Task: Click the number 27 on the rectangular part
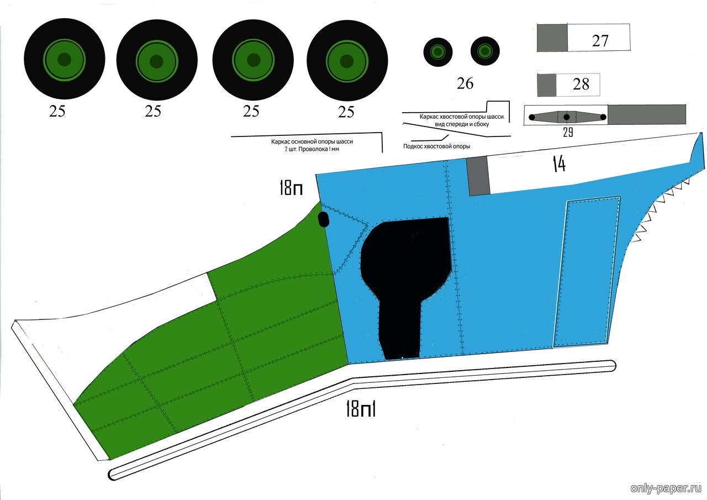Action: coord(600,41)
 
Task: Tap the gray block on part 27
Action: coord(552,38)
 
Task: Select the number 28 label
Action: coord(581,85)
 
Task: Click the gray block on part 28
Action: coord(547,85)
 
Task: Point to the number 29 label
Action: coord(568,133)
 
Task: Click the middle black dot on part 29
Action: coord(567,117)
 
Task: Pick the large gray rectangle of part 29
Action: coord(647,114)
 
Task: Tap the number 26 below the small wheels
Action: coord(465,83)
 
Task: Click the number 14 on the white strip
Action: coord(560,164)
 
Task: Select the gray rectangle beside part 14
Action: coord(478,176)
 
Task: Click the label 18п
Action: coord(291,188)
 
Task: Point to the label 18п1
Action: coord(361,409)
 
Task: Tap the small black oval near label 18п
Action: coord(324,220)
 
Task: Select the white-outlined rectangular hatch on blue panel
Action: coord(587,271)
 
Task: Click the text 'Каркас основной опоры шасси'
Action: coord(312,142)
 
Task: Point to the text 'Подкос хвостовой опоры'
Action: coord(436,146)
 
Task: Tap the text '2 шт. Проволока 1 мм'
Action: coord(312,149)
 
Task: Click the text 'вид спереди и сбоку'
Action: coord(462,124)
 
